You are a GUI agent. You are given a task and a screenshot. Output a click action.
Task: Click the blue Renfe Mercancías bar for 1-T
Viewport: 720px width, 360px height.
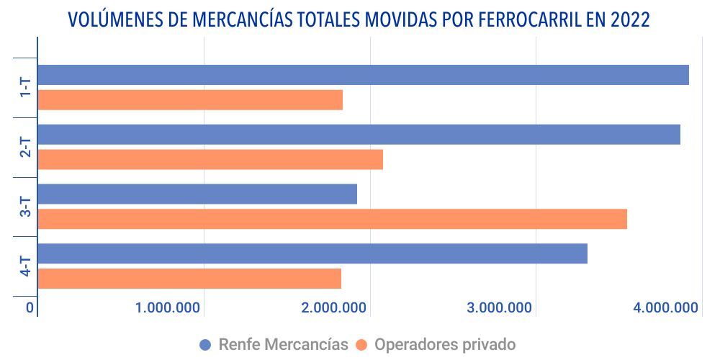tap(363, 75)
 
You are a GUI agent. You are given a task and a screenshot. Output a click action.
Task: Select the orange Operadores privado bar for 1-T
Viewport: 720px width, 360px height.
tap(190, 100)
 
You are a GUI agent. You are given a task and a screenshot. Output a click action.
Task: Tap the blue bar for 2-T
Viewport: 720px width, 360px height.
tap(359, 135)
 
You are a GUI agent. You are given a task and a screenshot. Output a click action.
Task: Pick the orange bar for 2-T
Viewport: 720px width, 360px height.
tap(210, 160)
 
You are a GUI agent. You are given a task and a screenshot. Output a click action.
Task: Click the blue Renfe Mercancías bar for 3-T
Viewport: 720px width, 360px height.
tap(197, 194)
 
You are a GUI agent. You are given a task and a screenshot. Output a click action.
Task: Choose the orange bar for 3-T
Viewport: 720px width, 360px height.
tap(332, 219)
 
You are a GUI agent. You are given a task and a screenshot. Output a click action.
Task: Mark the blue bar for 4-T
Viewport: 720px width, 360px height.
tap(312, 253)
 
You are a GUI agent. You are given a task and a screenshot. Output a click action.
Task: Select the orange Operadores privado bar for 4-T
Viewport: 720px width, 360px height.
tap(189, 279)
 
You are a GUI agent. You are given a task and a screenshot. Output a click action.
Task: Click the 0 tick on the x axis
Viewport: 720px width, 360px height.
tap(30, 308)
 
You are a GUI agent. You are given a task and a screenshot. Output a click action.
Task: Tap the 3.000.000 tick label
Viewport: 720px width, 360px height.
tap(500, 308)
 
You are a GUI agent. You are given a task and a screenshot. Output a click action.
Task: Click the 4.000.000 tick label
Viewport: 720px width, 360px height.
tap(666, 308)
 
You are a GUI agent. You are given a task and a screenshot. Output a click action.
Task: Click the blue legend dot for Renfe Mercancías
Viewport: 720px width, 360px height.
tap(205, 345)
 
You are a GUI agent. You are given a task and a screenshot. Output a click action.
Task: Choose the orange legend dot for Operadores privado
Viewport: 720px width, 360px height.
tap(361, 345)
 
